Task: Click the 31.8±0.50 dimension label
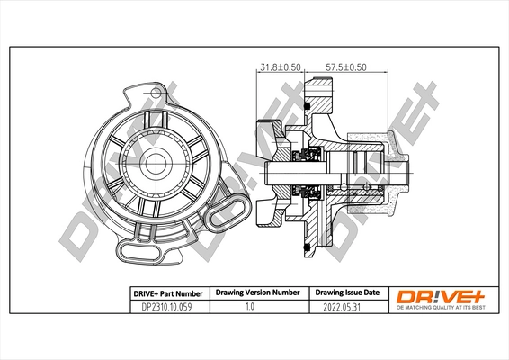point(279,66)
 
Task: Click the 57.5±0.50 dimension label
point(346,66)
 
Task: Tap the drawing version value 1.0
point(254,306)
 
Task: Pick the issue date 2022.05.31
point(345,306)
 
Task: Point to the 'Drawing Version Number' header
point(256,293)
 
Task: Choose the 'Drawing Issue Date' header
point(346,293)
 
